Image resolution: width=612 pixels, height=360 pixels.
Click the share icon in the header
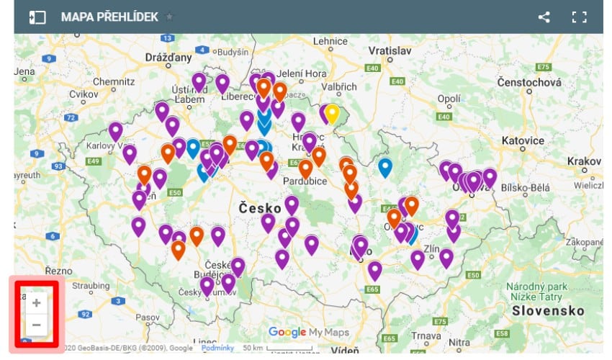(544, 17)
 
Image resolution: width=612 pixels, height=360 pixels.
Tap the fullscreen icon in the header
(579, 17)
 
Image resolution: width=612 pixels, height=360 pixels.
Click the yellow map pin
(332, 113)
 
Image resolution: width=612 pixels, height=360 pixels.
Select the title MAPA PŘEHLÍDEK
(109, 17)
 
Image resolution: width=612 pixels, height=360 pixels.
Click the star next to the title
(169, 17)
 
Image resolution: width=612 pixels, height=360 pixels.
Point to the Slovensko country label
(547, 311)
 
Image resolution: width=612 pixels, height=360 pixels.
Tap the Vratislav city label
(389, 51)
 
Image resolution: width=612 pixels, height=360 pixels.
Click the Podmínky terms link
(217, 348)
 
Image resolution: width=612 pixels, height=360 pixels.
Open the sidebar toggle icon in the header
(37, 17)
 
